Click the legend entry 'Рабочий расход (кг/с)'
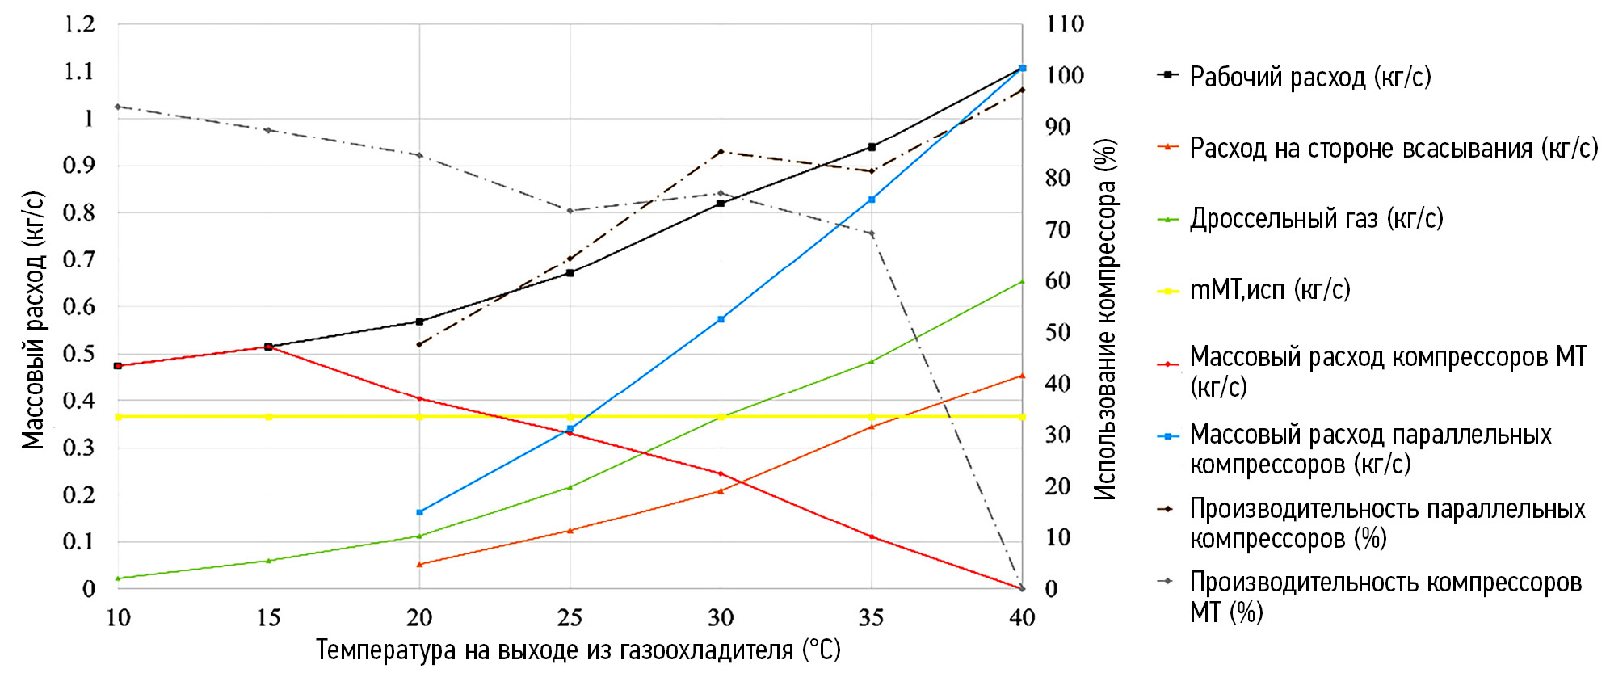pyautogui.click(x=1309, y=77)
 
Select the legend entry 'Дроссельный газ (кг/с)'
pyautogui.click(x=1316, y=218)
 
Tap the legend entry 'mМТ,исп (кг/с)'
pyautogui.click(x=1270, y=289)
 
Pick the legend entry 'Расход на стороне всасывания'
pyautogui.click(x=1394, y=148)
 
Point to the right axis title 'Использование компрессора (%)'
pyautogui.click(x=1105, y=320)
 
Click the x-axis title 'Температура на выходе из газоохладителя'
pyautogui.click(x=578, y=650)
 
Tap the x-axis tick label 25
pyautogui.click(x=570, y=618)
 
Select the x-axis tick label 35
pyautogui.click(x=871, y=618)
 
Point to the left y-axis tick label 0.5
pyautogui.click(x=79, y=353)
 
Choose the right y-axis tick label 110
pyautogui.click(x=1065, y=24)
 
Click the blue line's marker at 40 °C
pyautogui.click(x=1022, y=68)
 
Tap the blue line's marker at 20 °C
pyautogui.click(x=419, y=512)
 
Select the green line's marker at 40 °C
pyautogui.click(x=1022, y=281)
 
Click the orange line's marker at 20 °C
pyautogui.click(x=419, y=564)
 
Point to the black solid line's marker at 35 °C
pyautogui.click(x=872, y=147)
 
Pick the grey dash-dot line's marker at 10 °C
pyautogui.click(x=118, y=107)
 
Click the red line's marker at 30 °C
pyautogui.click(x=721, y=473)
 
